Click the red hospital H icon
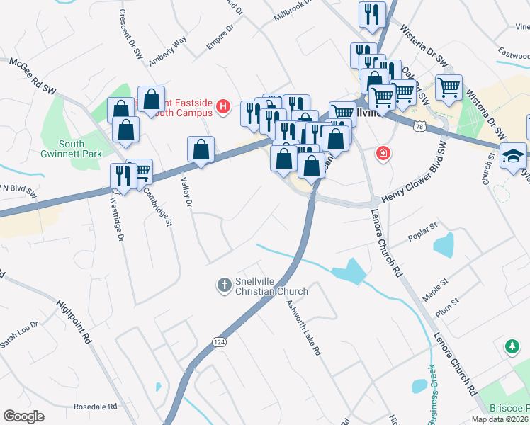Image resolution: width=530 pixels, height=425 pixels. (x=224, y=107)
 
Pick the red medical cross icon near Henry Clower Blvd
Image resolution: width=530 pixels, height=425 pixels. (x=383, y=152)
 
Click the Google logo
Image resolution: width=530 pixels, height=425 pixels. (x=23, y=416)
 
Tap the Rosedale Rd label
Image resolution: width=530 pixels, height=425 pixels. (x=95, y=407)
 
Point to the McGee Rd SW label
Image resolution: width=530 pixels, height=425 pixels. (x=32, y=75)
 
